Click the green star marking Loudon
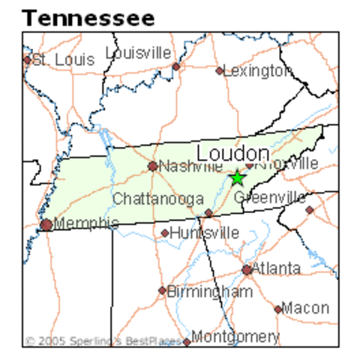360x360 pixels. click(237, 178)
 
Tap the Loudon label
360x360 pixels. click(232, 153)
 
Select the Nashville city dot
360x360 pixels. click(153, 166)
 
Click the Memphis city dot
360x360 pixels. click(46, 224)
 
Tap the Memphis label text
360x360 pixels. click(87, 223)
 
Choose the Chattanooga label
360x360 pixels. click(158, 199)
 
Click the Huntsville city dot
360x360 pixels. click(165, 233)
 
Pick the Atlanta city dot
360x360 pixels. click(247, 270)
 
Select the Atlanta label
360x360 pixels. click(276, 268)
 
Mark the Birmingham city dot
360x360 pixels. click(162, 290)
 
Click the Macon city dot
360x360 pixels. click(278, 308)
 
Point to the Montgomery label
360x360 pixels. click(235, 337)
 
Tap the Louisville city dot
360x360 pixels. click(176, 66)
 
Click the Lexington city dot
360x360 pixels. click(220, 71)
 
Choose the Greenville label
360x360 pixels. click(270, 197)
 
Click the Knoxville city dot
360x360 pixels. click(250, 165)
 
